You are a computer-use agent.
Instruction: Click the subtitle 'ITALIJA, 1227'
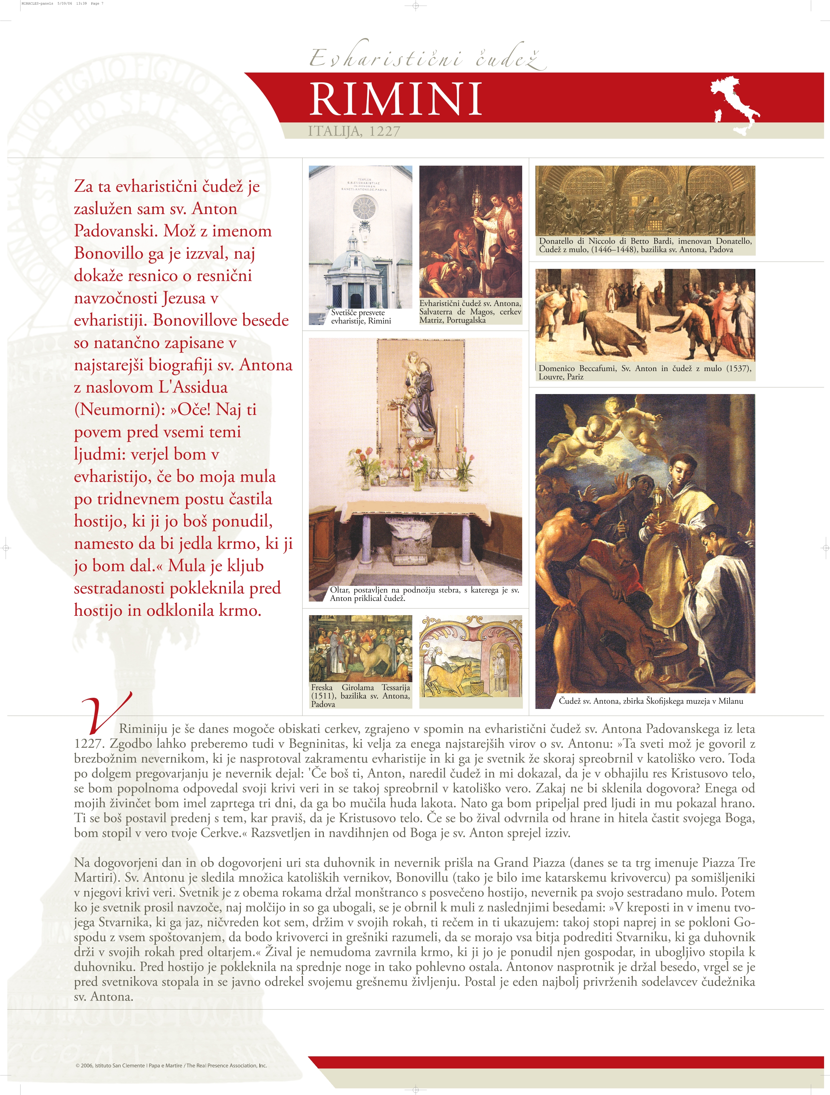[x=354, y=131]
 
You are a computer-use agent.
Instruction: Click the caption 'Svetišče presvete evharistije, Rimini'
[x=360, y=317]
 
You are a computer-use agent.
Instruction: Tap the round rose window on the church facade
[x=364, y=208]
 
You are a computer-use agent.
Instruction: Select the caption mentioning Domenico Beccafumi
[x=645, y=372]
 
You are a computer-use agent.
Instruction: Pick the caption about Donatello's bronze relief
[x=645, y=245]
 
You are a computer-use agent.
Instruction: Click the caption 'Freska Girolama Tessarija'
[x=360, y=695]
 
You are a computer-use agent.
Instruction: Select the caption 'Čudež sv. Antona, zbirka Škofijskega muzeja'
[x=650, y=701]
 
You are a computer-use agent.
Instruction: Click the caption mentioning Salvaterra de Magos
[x=470, y=311]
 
